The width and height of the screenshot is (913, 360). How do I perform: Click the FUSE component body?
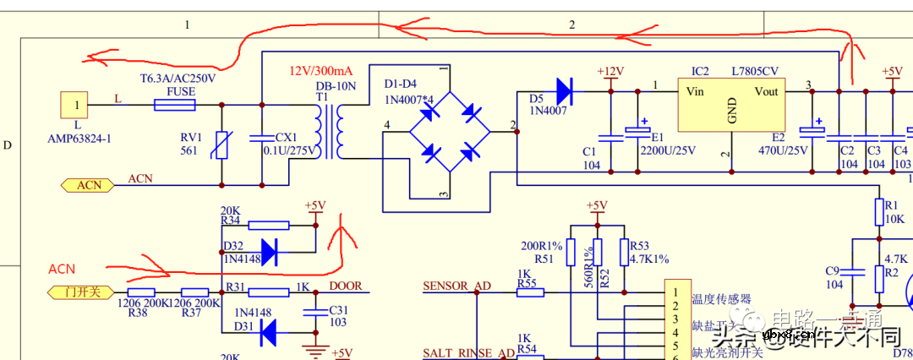pyautogui.click(x=175, y=105)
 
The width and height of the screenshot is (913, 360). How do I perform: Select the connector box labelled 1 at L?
pyautogui.click(x=78, y=106)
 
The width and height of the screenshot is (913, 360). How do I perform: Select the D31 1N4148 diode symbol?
pyautogui.click(x=270, y=334)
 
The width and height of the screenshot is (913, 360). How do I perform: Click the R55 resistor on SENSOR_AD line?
pyautogui.click(x=530, y=292)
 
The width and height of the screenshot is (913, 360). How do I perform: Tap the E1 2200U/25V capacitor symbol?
pyautogui.click(x=636, y=135)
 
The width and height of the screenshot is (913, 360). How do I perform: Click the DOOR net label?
pyautogui.click(x=346, y=286)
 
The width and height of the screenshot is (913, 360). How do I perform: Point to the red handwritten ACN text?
pyautogui.click(x=62, y=270)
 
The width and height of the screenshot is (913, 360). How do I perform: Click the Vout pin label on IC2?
pyautogui.click(x=766, y=91)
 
